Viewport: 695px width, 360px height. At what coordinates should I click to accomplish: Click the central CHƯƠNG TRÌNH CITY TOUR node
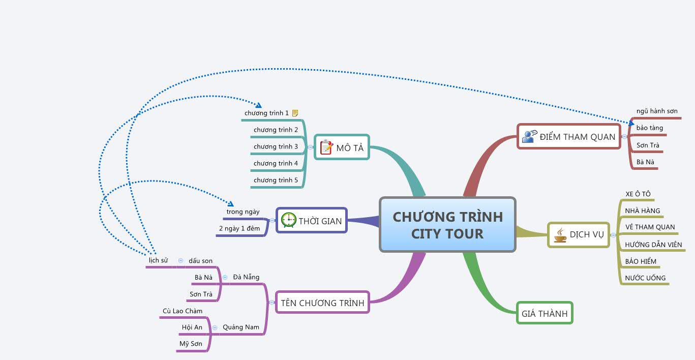tap(447, 225)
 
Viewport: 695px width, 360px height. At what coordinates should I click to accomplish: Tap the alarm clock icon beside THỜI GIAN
tap(288, 220)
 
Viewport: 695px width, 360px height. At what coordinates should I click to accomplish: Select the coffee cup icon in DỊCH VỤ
tap(560, 235)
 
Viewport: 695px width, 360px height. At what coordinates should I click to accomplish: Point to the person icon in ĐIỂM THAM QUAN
tap(529, 136)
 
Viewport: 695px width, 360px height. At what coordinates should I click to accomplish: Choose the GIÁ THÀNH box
tap(545, 313)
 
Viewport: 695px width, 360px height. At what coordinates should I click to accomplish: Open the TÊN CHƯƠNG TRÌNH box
tap(322, 303)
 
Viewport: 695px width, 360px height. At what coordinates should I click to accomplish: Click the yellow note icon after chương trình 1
tap(295, 113)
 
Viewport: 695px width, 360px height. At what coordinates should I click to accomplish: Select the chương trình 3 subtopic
tap(276, 146)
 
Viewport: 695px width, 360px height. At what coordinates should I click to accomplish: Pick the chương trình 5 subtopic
tap(276, 180)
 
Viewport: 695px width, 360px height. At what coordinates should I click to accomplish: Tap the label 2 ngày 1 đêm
tap(239, 228)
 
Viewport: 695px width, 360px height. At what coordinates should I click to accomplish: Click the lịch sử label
tap(158, 260)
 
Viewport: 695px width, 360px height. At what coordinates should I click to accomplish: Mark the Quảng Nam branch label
tap(240, 327)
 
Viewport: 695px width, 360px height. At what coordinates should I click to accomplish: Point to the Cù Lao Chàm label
tap(183, 311)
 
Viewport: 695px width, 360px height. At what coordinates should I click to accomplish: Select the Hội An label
tap(192, 327)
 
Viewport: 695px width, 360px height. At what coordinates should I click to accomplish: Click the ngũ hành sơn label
tap(656, 111)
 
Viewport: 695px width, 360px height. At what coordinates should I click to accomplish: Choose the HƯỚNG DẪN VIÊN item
tap(653, 245)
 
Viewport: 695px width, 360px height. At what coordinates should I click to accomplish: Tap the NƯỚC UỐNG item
tap(645, 278)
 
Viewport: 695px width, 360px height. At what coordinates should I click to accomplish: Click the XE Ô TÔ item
tap(638, 194)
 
